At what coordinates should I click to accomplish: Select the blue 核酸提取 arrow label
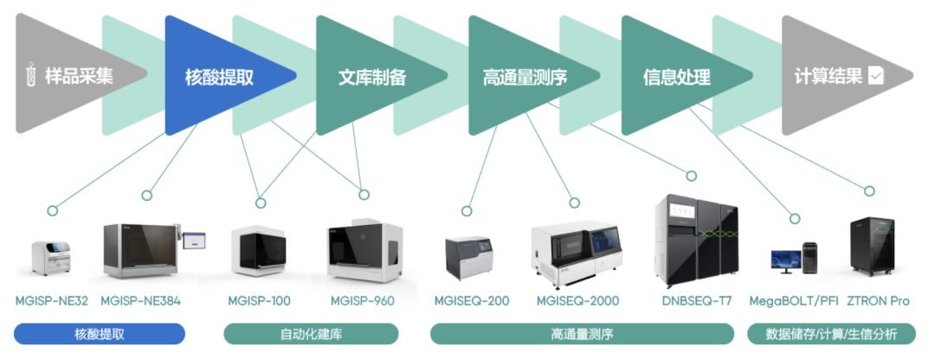click(219, 77)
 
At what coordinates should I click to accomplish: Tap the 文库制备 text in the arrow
click(372, 77)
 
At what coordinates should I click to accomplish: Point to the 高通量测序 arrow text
click(525, 77)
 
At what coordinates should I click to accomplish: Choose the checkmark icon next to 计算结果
click(876, 76)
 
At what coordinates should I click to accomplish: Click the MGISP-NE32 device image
click(50, 257)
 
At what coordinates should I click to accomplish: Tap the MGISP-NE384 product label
click(140, 301)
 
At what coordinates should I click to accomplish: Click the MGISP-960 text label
click(362, 301)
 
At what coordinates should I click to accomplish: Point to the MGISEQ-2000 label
click(576, 301)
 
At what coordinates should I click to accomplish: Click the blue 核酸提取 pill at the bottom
click(100, 334)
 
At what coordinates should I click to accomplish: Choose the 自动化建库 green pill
click(311, 334)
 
